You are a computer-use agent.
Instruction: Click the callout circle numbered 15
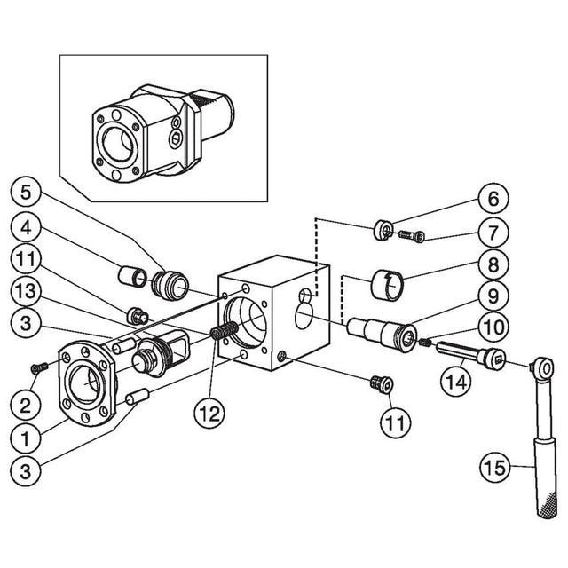495,464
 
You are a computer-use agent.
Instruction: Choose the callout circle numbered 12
209,412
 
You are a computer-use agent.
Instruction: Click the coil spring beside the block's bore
225,335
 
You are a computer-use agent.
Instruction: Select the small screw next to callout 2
39,366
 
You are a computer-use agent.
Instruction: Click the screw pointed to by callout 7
410,235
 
